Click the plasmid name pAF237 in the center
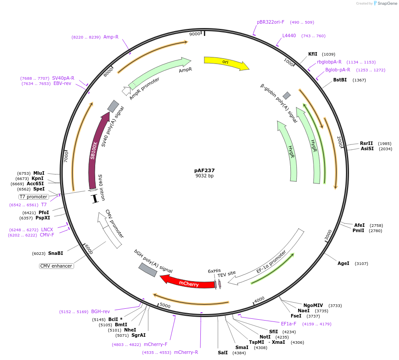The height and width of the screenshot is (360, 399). tap(204, 170)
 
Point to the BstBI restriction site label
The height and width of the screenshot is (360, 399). tap(340, 80)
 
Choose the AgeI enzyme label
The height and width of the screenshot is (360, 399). tap(343, 263)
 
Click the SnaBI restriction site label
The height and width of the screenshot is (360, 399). tap(56, 253)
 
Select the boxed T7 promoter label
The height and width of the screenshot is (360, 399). tap(34, 197)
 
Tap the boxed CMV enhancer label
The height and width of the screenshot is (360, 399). tap(56, 266)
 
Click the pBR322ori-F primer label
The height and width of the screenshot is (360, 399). tap(271, 22)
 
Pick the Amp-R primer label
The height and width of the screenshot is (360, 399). tap(111, 37)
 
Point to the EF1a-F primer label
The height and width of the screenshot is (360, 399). tap(289, 324)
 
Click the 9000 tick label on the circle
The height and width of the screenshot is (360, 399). tap(195, 34)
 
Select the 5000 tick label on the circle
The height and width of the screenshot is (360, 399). tap(165, 305)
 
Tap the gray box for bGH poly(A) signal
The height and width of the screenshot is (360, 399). tap(148, 270)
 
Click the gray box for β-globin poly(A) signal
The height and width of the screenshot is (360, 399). tap(287, 95)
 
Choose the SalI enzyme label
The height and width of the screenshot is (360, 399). tap(223, 353)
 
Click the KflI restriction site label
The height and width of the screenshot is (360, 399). tap(313, 54)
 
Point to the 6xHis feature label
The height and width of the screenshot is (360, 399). tap(214, 271)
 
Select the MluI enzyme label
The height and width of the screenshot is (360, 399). tap(39, 173)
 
